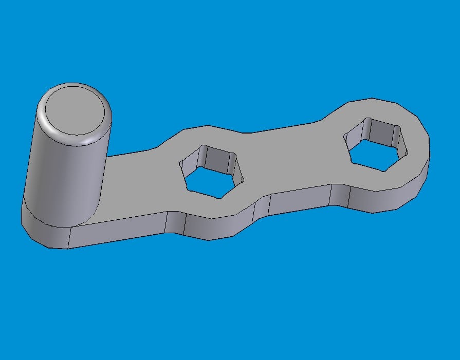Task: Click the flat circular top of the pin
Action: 77,111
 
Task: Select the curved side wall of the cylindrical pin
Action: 62,175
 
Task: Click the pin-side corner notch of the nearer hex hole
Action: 181,164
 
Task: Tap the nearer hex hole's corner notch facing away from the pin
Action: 242,177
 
